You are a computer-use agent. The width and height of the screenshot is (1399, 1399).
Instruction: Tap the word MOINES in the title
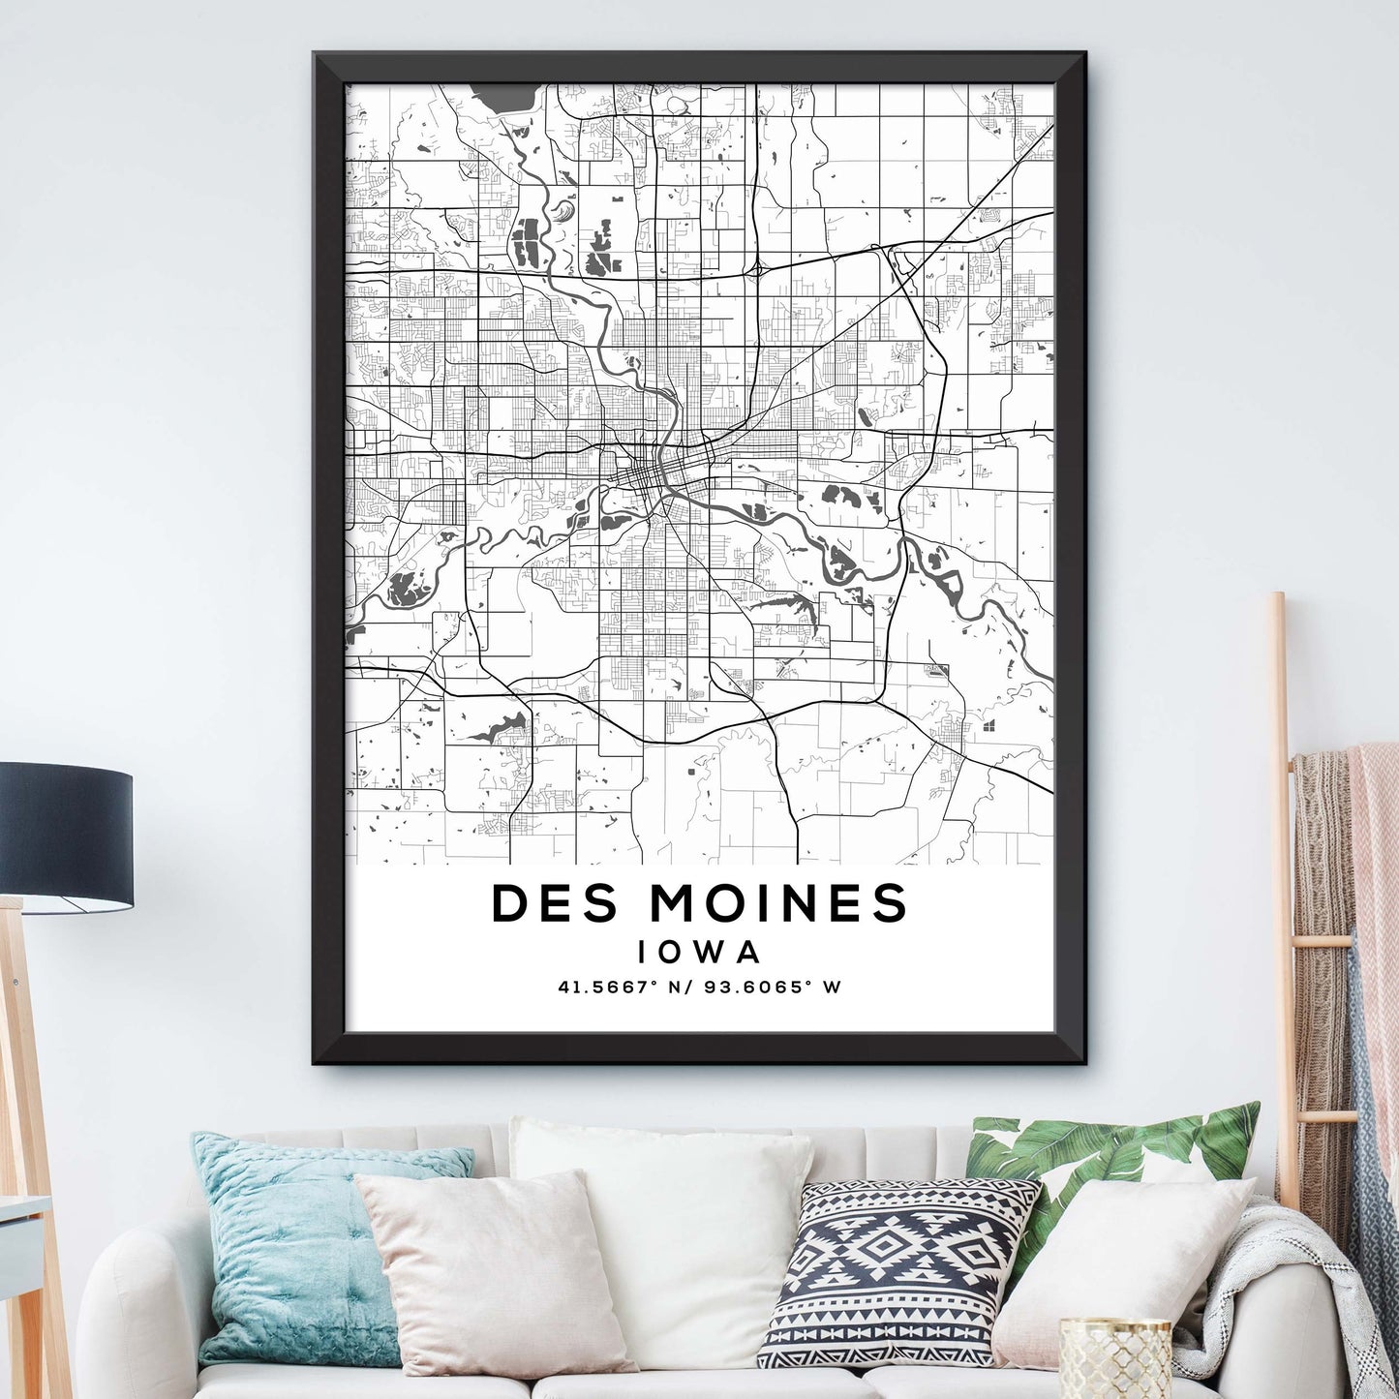tap(778, 903)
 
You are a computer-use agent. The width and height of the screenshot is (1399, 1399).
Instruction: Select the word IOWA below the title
tap(699, 952)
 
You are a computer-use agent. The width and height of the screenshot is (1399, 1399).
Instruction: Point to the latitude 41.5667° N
tap(620, 988)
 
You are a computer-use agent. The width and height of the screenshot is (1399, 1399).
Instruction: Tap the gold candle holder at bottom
tap(1113, 1360)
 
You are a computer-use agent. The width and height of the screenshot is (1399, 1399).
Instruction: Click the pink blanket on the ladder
tap(1375, 871)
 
